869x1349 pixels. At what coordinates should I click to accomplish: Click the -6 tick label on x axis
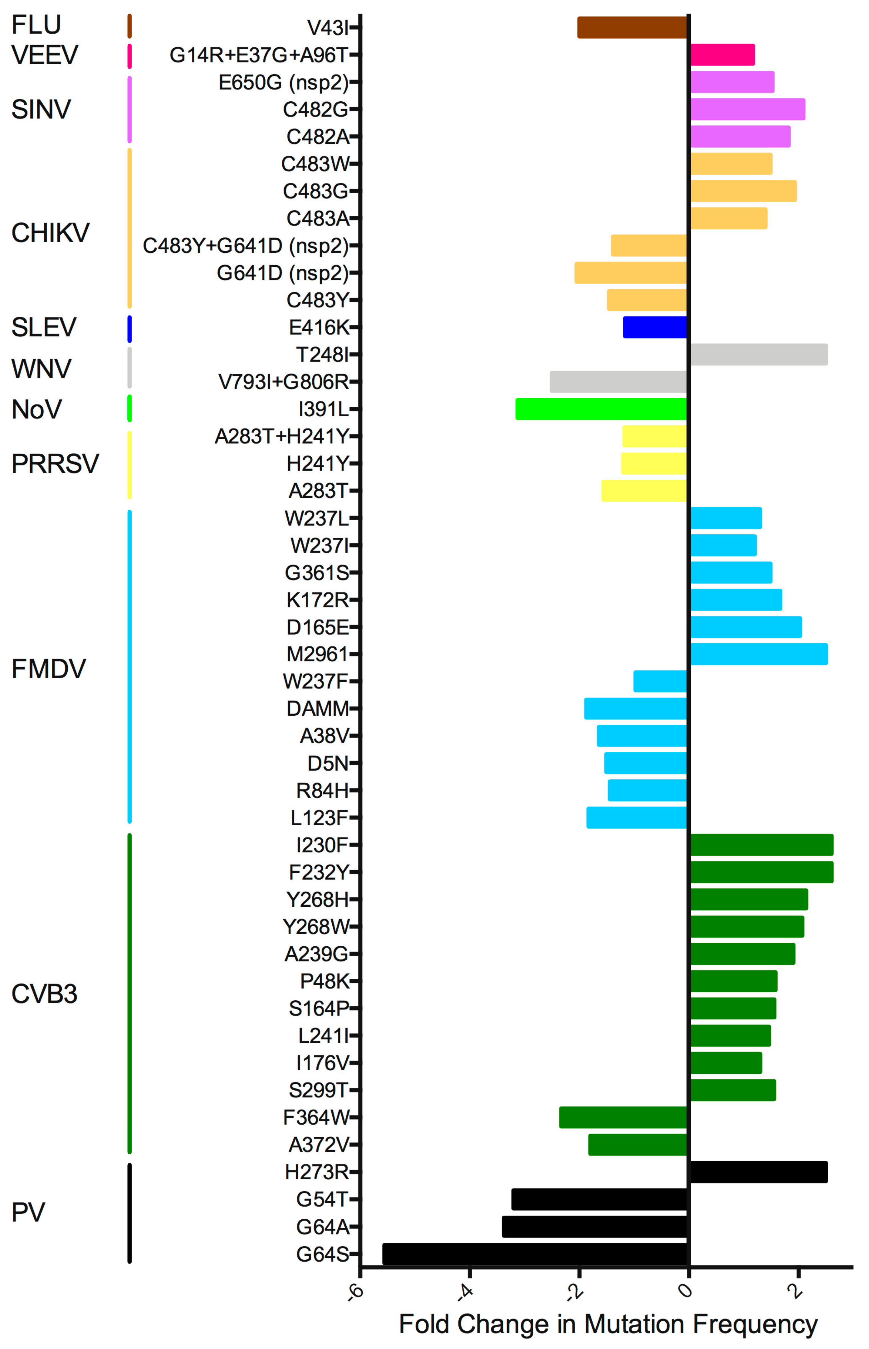click(355, 1292)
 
